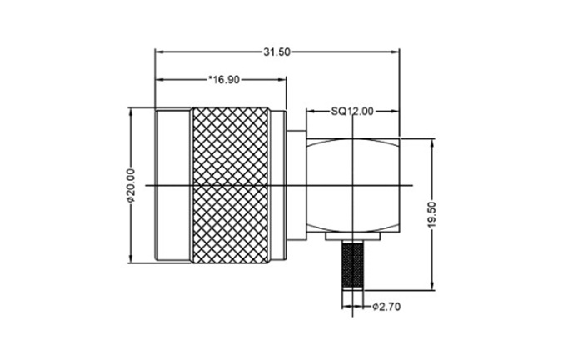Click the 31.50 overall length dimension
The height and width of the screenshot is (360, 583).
coord(277,52)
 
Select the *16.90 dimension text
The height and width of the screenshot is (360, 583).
coord(224,80)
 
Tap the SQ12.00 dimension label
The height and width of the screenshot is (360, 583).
coord(352,111)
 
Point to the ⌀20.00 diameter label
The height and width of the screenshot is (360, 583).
coord(131,185)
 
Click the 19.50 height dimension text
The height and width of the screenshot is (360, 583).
coord(431,215)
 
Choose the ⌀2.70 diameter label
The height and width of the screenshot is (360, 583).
coord(386,307)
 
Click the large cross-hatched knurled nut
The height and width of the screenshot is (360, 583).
coord(230,185)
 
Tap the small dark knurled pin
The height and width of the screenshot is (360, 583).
coord(352,265)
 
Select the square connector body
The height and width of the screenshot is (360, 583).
coord(352,185)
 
